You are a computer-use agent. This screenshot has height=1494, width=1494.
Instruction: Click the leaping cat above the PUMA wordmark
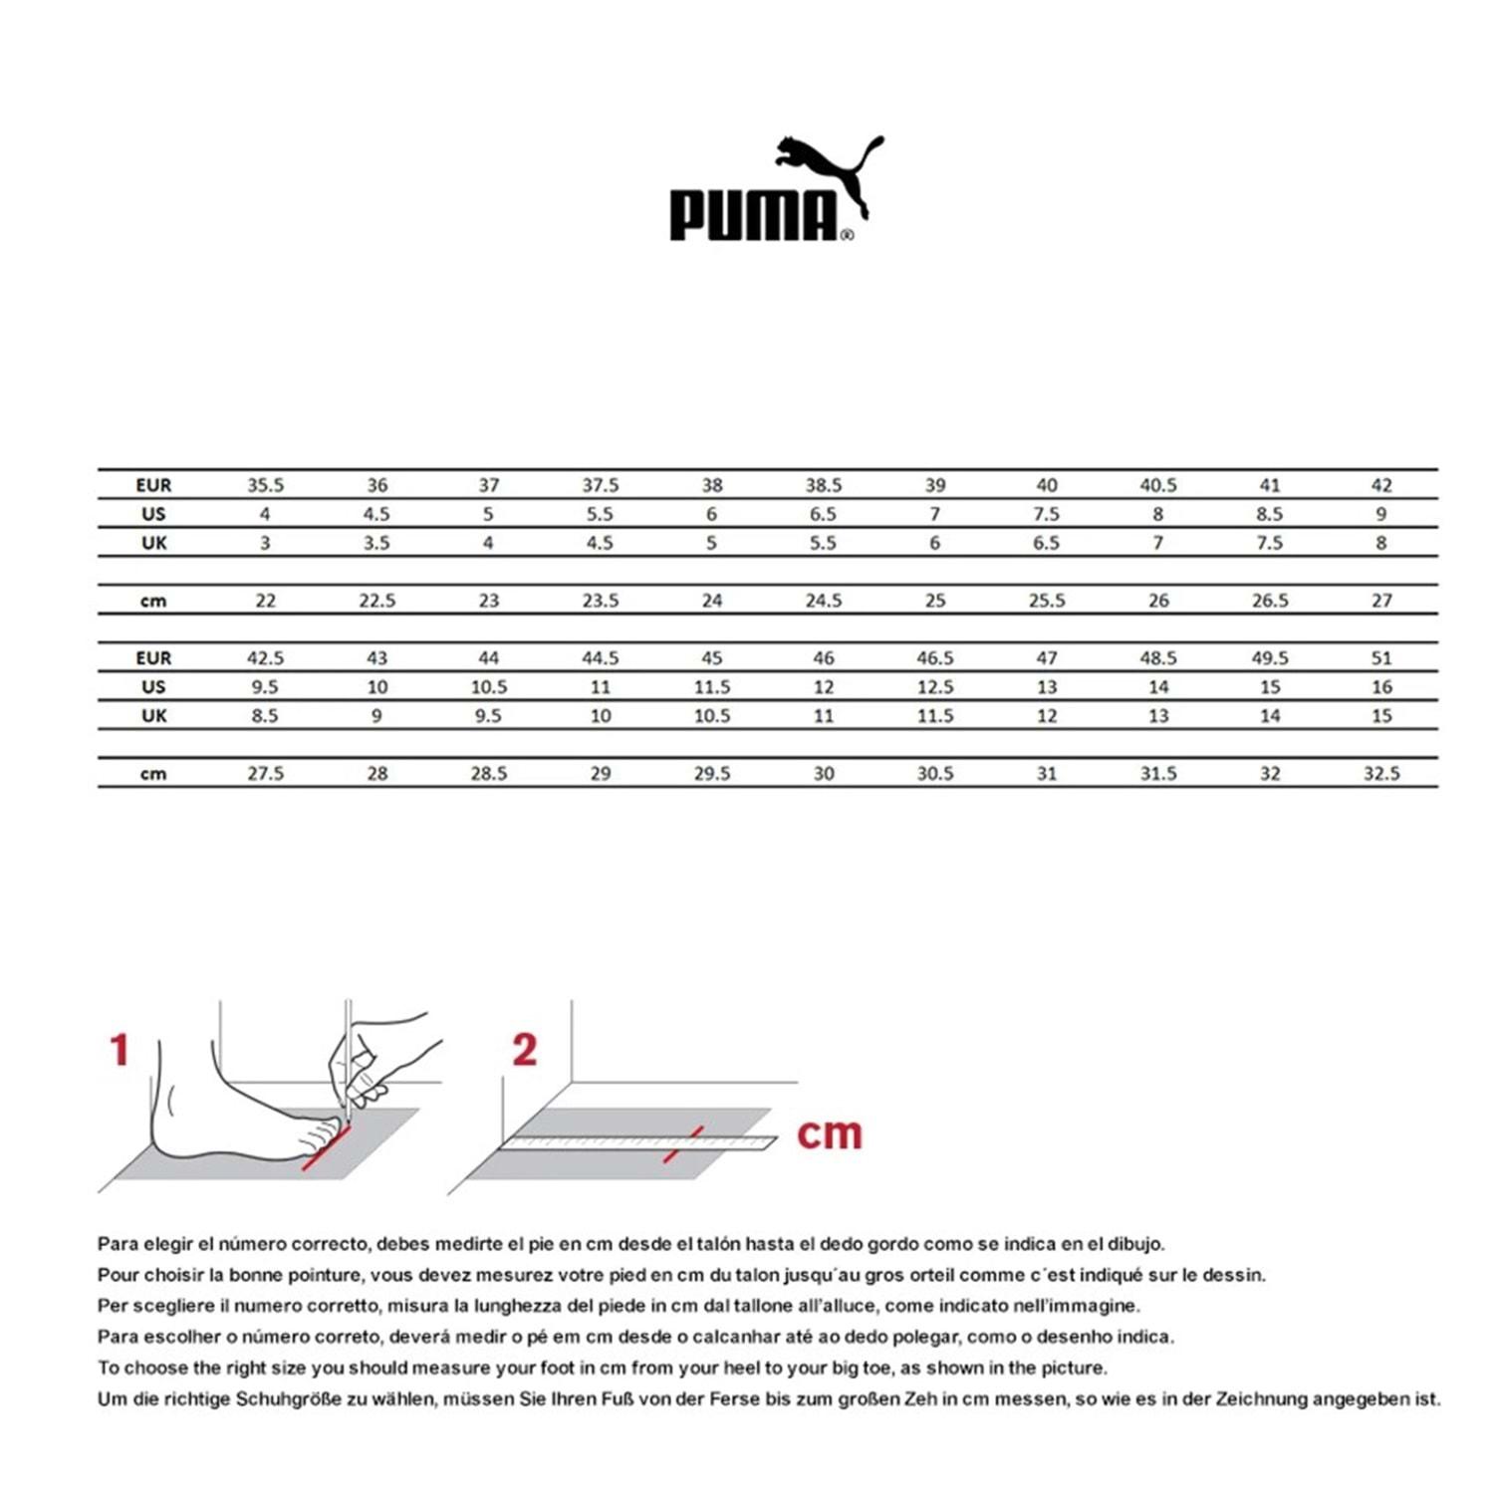coord(830,169)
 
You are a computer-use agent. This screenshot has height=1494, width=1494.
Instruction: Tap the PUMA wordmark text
coord(753,216)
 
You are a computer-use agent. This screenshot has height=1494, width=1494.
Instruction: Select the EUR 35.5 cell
coord(265,485)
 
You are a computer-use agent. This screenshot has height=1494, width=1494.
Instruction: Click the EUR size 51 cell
coord(1380,658)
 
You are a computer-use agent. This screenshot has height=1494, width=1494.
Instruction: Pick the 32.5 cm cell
coord(1380,774)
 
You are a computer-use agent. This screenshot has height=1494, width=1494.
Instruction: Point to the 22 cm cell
coord(265,601)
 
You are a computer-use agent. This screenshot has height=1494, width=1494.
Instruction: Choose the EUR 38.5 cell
coord(823,485)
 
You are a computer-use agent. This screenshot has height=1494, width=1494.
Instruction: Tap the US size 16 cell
coord(1380,687)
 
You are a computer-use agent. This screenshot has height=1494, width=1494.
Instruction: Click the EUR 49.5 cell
coord(1269,658)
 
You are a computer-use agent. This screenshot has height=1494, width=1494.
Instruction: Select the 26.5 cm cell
coord(1269,601)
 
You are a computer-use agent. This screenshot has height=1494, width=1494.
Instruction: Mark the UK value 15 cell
coord(1380,716)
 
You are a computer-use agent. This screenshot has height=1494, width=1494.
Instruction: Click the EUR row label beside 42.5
coord(153,658)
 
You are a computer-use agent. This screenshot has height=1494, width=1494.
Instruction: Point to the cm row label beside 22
coord(153,601)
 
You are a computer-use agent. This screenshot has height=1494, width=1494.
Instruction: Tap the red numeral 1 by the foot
coord(120,1050)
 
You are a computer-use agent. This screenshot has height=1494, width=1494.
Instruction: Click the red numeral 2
coord(524,1050)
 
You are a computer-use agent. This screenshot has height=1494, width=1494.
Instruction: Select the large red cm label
coord(829,1133)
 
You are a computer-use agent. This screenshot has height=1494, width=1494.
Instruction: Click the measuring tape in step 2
coord(637,1142)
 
